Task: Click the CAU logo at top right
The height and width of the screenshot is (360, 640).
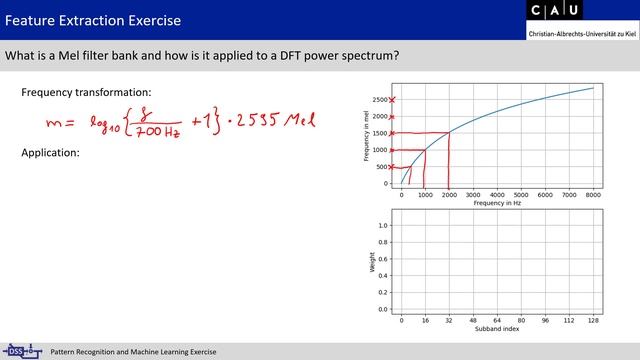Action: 581,13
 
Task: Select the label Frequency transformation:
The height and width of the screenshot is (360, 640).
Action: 86,93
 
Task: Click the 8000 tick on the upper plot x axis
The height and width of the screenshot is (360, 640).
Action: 593,196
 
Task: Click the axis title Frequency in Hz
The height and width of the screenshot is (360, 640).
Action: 497,204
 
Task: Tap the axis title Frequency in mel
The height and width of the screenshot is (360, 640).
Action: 367,138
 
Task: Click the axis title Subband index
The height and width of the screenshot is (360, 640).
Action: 497,328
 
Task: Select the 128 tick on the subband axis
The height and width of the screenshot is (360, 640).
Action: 593,320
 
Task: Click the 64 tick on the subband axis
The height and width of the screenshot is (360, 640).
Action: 497,320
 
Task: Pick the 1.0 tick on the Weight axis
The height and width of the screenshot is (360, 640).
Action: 382,225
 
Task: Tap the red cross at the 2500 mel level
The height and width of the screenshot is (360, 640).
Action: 392,100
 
